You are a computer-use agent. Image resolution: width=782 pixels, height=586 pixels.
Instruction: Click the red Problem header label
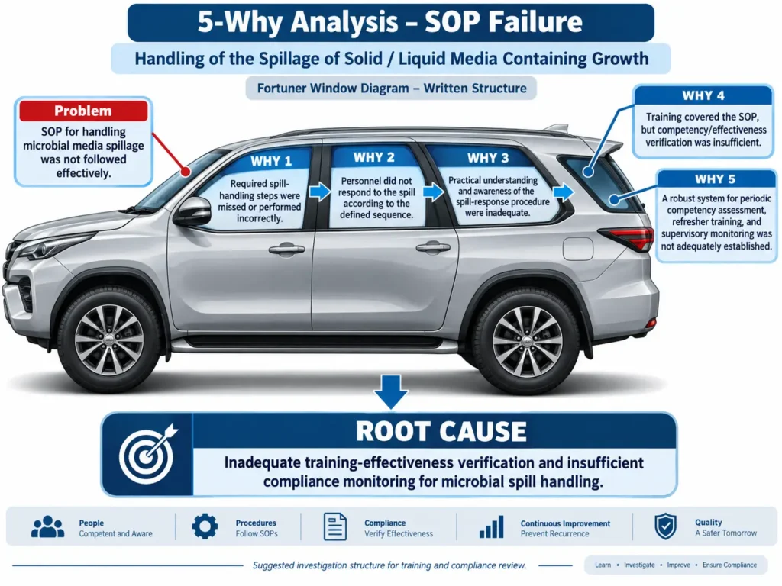[83, 111]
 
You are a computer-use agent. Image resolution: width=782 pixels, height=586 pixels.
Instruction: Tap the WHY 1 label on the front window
[271, 161]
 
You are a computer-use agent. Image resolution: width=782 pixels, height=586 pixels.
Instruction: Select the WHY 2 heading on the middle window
[374, 157]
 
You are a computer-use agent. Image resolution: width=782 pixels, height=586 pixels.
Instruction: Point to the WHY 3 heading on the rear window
[488, 159]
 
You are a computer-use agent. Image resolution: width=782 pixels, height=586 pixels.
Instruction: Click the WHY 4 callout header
[703, 95]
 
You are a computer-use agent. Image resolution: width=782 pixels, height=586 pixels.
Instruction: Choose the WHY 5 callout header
[715, 179]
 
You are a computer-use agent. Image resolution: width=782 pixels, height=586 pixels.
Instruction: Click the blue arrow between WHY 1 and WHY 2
[320, 192]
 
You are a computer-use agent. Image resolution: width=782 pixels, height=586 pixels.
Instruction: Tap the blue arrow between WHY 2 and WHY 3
[434, 192]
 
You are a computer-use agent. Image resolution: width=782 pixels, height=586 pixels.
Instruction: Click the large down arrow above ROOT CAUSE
[391, 391]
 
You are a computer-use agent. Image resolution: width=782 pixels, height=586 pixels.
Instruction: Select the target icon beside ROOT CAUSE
[147, 454]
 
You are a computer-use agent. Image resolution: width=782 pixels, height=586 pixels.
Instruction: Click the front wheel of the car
[109, 340]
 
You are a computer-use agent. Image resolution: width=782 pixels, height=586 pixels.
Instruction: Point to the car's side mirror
[193, 211]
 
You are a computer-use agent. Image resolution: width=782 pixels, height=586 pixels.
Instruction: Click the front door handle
[286, 249]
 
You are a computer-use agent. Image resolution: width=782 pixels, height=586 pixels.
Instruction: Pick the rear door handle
[433, 246]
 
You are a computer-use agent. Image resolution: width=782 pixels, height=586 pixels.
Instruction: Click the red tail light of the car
[629, 238]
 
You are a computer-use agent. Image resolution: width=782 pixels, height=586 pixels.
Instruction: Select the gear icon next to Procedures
[205, 526]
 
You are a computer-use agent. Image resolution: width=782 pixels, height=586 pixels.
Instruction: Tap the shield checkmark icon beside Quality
[665, 526]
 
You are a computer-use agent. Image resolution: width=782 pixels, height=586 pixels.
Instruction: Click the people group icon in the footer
[47, 526]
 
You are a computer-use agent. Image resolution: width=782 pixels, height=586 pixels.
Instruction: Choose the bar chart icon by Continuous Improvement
[491, 526]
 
